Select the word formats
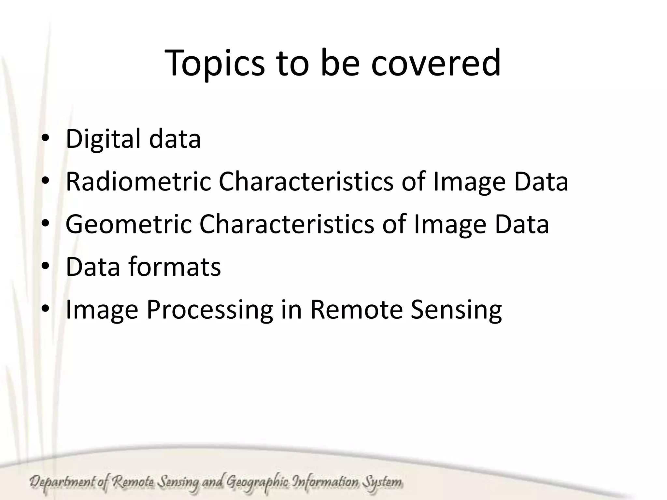pyautogui.click(x=175, y=267)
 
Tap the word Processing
pyautogui.click(x=210, y=310)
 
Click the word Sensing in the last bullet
pyautogui.click(x=456, y=310)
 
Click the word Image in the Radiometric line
pyautogui.click(x=469, y=182)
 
